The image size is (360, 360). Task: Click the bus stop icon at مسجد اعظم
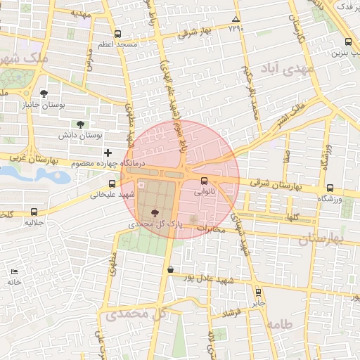[x=117, y=34]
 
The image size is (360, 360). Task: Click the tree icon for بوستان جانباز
[x=44, y=93]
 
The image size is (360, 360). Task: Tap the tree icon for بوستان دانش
[x=80, y=123]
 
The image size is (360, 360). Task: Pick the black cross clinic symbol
[x=108, y=153]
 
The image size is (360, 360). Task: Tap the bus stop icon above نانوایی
[x=204, y=179]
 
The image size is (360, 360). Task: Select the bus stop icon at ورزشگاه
[x=330, y=188]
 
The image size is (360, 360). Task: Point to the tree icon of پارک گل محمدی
[x=155, y=212]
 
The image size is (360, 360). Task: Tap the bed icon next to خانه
[x=14, y=271]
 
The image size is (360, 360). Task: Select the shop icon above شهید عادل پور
[x=170, y=269]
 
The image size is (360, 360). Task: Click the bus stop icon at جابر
[x=259, y=291]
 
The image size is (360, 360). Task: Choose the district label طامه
[x=278, y=325]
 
